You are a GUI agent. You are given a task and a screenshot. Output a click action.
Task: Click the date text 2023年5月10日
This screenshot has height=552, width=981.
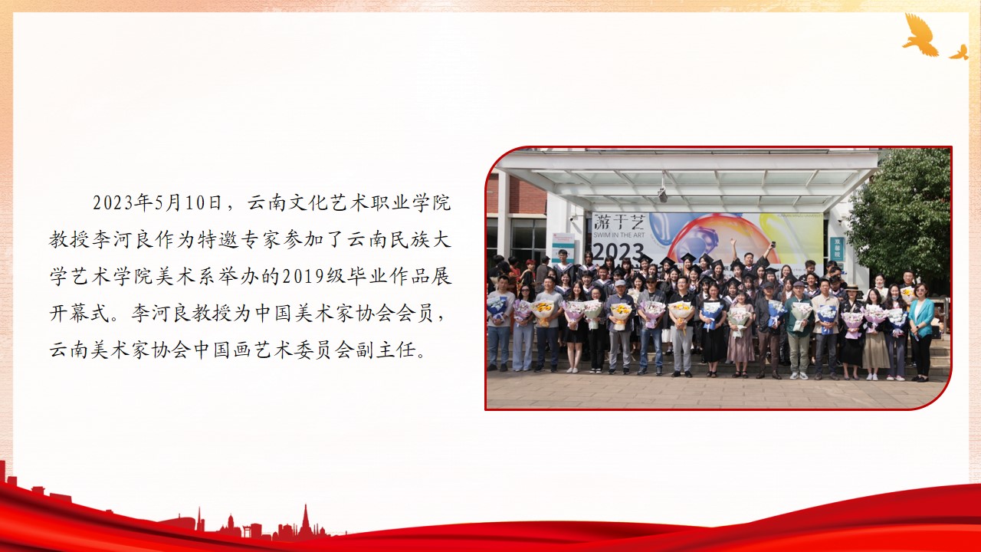[x=157, y=203]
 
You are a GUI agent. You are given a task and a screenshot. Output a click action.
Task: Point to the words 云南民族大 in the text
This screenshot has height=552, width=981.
[x=399, y=240]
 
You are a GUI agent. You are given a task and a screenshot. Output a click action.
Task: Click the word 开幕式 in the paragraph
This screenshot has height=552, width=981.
[x=80, y=314]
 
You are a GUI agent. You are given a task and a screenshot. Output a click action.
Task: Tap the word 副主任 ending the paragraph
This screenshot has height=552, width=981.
[x=386, y=350]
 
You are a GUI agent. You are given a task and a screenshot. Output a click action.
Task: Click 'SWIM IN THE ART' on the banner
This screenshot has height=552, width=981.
[x=618, y=235]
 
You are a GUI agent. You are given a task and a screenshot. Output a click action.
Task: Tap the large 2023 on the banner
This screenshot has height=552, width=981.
[x=618, y=253]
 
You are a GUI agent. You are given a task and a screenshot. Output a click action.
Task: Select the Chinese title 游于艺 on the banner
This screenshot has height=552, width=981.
[x=618, y=222]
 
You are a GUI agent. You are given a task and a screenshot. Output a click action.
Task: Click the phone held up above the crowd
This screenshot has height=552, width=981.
[x=773, y=245]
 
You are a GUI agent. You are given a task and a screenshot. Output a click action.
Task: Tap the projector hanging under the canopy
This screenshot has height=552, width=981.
[x=663, y=194]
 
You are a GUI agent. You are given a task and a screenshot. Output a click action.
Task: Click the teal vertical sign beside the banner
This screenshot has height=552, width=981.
[x=837, y=249]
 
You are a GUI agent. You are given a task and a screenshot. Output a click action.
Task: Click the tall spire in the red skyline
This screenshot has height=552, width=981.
[x=305, y=521]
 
